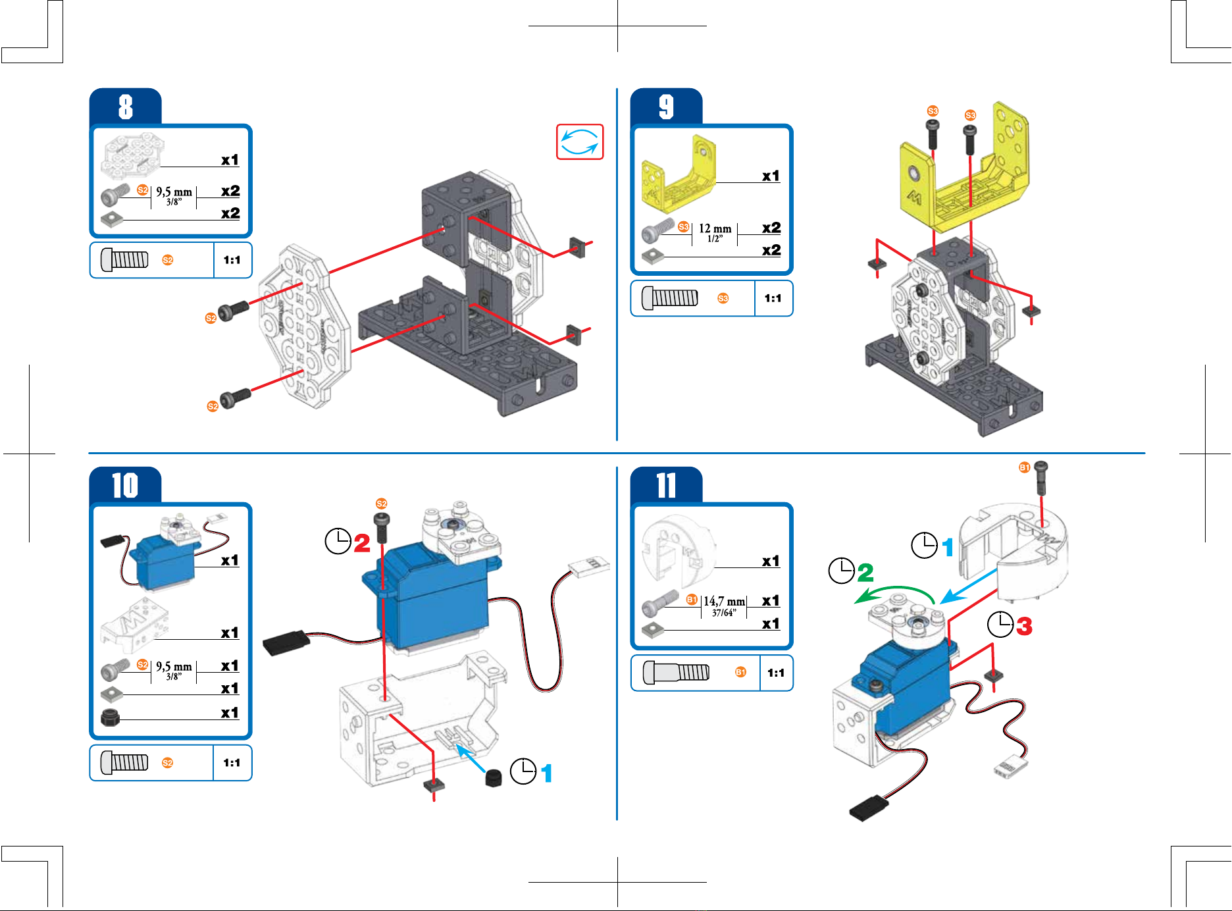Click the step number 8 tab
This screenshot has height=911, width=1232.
[x=126, y=107]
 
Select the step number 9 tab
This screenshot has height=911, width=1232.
[x=666, y=107]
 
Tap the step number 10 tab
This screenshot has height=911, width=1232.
[x=125, y=486]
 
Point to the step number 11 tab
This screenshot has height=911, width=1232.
[x=666, y=486]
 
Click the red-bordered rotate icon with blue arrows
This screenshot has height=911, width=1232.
[x=580, y=142]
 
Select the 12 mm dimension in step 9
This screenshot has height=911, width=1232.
[x=715, y=229]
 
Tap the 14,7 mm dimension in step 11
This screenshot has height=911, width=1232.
[x=724, y=602]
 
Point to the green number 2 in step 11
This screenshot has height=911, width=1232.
[x=865, y=572]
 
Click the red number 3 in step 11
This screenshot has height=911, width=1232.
[x=1024, y=626]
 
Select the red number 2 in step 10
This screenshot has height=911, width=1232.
[x=362, y=543]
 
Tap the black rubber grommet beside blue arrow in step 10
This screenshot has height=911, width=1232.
[x=493, y=778]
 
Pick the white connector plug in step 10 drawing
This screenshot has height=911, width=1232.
[x=589, y=566]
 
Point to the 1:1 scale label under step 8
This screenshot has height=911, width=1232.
[x=232, y=260]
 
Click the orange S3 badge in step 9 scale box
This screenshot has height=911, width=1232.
[x=723, y=298]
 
